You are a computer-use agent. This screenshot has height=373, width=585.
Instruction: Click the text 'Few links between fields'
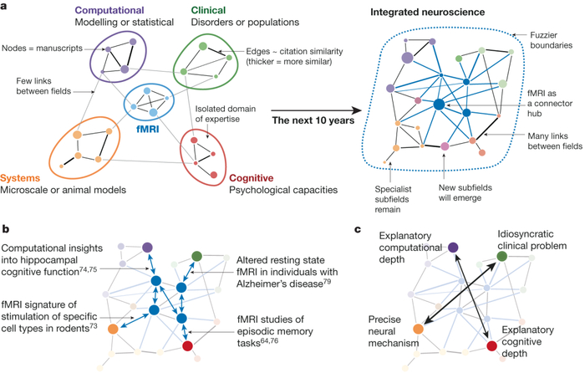36,87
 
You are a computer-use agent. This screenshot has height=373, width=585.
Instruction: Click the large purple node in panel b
147,247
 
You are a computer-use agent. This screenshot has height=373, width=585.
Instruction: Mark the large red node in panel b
187,346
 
